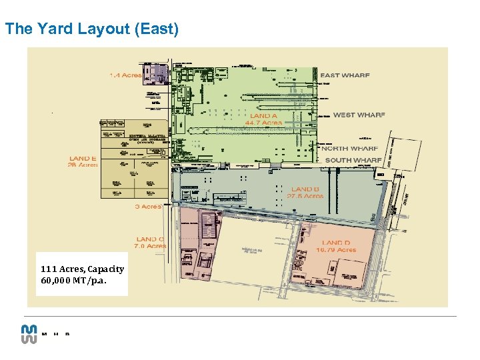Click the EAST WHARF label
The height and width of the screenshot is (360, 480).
[x=345, y=75]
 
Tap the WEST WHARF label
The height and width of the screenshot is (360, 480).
[x=359, y=115]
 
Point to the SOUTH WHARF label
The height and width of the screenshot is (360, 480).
[x=353, y=160]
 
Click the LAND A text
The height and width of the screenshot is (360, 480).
[x=263, y=116]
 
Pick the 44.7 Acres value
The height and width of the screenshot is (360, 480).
[x=263, y=123]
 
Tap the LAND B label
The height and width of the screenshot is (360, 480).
[x=305, y=189]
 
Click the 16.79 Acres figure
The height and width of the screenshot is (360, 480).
[x=337, y=249]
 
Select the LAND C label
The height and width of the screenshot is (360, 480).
[x=150, y=239]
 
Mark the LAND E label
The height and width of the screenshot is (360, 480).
[x=83, y=159]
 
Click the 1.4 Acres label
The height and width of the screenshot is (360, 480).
[x=125, y=75]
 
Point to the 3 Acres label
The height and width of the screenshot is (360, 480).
[x=148, y=207]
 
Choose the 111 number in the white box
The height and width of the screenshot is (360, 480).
[x=47, y=269]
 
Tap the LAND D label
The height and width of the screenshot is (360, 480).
[x=336, y=243]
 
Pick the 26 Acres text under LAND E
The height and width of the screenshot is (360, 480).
[x=83, y=165]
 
